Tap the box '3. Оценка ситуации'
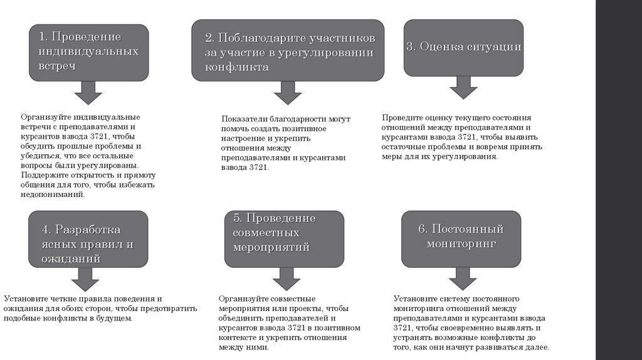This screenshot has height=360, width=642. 463,47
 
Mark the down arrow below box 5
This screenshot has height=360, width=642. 286,278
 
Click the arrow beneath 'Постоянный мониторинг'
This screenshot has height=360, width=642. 463,278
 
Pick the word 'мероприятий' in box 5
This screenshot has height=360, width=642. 271,246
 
